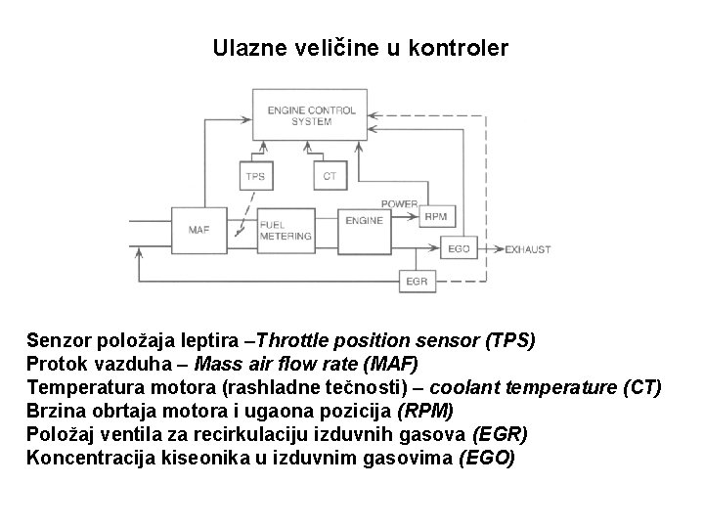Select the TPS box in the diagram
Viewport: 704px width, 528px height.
[255, 176]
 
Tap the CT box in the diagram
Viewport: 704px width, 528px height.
[330, 176]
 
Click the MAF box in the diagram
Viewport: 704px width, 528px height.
[198, 230]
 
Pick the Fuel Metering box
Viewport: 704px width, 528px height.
[286, 230]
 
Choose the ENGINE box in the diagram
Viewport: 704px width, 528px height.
[364, 222]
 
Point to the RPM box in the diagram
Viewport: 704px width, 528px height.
[433, 216]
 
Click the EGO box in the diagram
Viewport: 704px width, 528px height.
[459, 249]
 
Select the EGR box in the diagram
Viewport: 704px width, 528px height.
[416, 282]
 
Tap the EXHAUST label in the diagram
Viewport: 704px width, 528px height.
[527, 249]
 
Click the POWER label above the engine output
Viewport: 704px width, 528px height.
[399, 203]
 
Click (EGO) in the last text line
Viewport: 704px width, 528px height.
[486, 456]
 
